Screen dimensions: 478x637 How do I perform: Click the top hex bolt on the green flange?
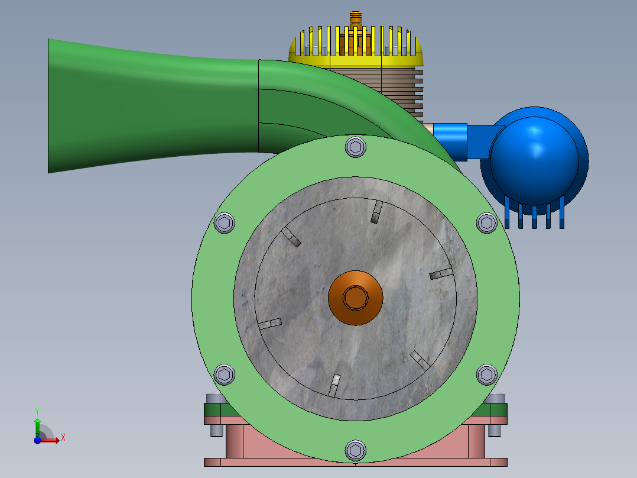tap(355, 147)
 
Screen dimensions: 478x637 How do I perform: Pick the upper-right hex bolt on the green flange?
tap(486, 223)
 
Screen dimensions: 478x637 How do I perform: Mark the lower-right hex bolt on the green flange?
tap(486, 374)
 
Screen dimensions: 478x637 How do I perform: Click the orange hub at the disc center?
tap(355, 298)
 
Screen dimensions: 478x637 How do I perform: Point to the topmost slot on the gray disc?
tap(376, 212)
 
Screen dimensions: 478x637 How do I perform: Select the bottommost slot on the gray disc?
tap(334, 385)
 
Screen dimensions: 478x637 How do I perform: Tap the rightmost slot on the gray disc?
tap(441, 273)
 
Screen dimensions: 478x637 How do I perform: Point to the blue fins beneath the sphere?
tap(534, 216)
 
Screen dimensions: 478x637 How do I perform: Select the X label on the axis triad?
tap(63, 438)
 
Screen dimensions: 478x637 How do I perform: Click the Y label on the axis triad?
tap(37, 411)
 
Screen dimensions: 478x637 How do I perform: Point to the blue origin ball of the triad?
tap(37, 440)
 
